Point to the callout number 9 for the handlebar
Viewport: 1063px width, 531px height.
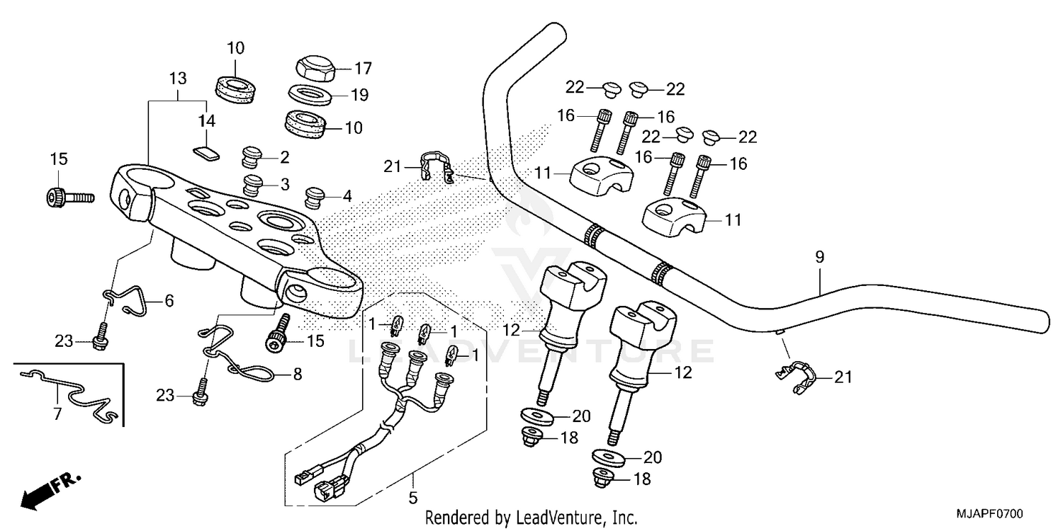(819, 258)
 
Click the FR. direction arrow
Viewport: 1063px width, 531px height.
(50, 489)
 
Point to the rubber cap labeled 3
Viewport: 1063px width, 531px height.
(252, 185)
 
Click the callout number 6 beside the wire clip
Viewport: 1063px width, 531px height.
(169, 301)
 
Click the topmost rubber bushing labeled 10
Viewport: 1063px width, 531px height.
(235, 88)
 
